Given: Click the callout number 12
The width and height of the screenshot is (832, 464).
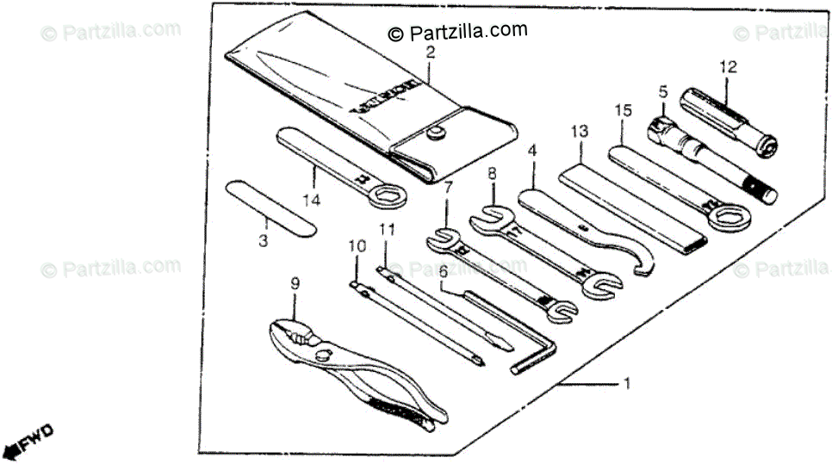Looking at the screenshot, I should (x=729, y=65).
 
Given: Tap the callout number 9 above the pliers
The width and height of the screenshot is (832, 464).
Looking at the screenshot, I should (x=295, y=281).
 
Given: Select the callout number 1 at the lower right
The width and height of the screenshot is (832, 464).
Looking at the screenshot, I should (x=627, y=383).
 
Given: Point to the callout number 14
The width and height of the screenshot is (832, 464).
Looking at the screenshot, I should (x=311, y=201).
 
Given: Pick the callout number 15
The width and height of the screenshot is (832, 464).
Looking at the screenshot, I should (x=623, y=110).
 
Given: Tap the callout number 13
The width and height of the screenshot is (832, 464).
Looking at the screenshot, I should (x=578, y=132).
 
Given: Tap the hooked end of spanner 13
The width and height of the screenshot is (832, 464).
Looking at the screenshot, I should (x=642, y=259).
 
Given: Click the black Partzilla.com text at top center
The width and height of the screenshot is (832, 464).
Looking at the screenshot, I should (x=456, y=31).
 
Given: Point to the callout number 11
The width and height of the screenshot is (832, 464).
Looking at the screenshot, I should (x=387, y=230).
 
